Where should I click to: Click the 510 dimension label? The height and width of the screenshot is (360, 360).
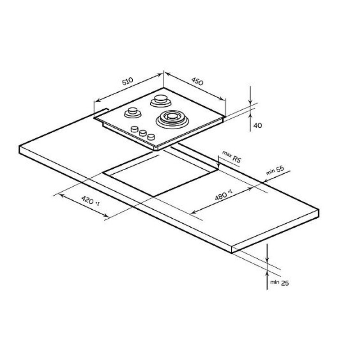coord(127,81)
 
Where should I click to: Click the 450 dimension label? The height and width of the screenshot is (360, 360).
coord(197,81)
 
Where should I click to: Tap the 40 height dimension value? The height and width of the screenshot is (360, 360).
coord(258,126)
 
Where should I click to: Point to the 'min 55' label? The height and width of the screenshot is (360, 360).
coord(275,171)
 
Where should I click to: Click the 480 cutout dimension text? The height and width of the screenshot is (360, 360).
coord(224,195)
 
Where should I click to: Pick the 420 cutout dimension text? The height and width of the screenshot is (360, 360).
coord(90,201)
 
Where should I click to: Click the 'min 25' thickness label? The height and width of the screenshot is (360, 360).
coord(279,283)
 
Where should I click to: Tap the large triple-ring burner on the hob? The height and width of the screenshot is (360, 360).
coord(172,119)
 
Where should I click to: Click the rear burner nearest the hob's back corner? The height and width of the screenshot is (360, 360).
coord(161,101)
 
